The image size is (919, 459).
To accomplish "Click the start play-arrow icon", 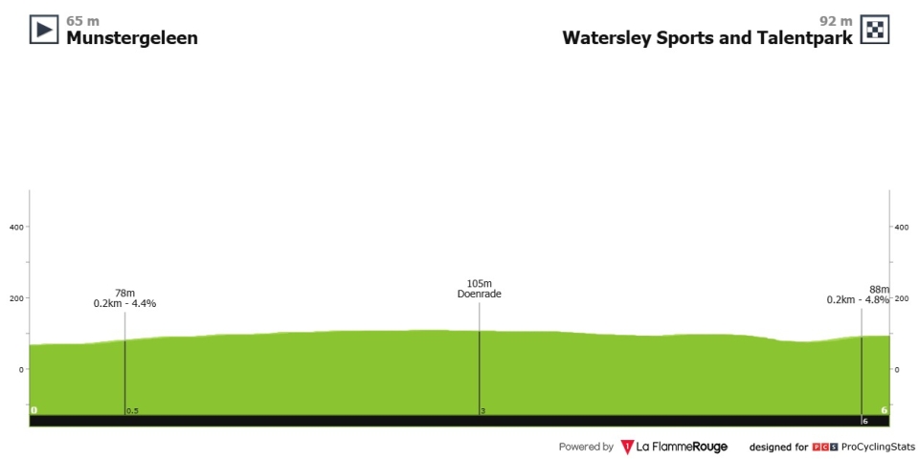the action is click(44, 30).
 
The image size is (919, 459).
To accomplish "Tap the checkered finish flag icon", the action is click(874, 30).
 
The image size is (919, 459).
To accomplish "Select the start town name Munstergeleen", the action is click(132, 38).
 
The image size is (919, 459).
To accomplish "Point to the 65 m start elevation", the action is click(82, 21).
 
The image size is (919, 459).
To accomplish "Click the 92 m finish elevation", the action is click(836, 21).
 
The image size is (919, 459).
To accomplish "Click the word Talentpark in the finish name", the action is click(803, 38).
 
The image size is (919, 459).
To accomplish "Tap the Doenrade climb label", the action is click(480, 294).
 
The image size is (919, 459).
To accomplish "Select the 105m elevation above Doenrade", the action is click(479, 284).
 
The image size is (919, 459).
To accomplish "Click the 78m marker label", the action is click(124, 294).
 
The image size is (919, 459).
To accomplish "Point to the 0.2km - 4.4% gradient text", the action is click(124, 303).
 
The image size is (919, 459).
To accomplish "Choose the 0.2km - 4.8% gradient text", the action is click(858, 299).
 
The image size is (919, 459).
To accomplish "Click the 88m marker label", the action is click(880, 289).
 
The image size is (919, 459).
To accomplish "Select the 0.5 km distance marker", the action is click(132, 411).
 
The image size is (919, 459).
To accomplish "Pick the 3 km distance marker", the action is click(482, 411).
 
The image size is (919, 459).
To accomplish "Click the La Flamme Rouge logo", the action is click(673, 448).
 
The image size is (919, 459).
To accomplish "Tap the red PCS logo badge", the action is click(821, 448).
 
